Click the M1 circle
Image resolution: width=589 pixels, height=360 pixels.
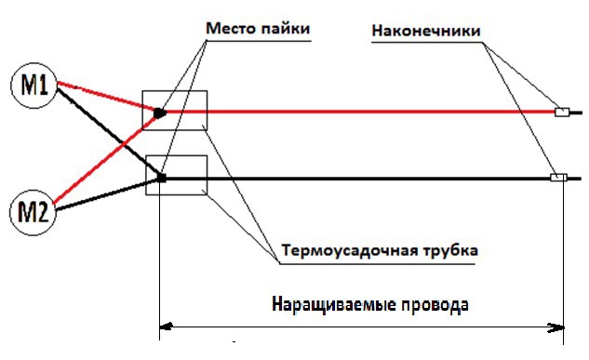(34, 87)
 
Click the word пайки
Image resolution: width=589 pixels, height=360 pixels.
(285, 30)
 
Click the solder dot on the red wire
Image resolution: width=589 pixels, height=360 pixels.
(160, 113)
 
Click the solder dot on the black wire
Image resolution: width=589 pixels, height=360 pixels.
(161, 178)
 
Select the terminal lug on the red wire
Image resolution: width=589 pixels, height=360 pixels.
(562, 113)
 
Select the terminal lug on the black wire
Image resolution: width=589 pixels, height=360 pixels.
(558, 178)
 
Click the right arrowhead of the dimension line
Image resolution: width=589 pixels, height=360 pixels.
(561, 327)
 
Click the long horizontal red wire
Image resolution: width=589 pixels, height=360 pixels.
(372, 113)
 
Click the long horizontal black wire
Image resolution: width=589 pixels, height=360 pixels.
(372, 178)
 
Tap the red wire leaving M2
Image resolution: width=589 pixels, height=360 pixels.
(102, 158)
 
